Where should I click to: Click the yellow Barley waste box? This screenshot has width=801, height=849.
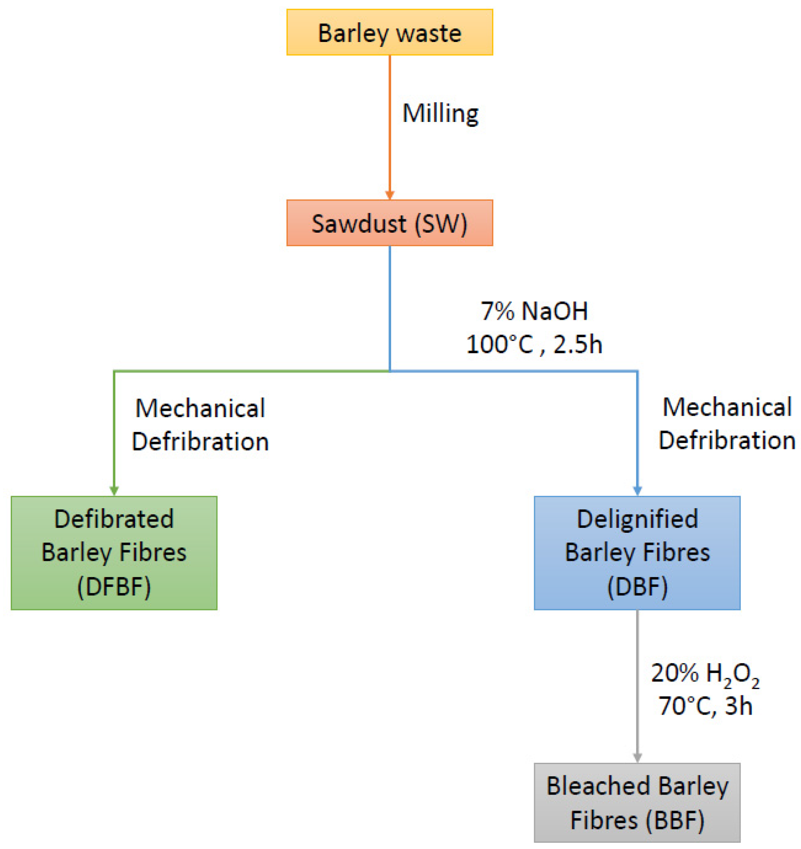(x=389, y=32)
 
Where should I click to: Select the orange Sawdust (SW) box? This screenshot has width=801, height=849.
(x=389, y=223)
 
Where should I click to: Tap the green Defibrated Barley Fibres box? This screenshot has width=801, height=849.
(x=114, y=552)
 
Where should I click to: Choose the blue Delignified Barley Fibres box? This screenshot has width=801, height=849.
(x=637, y=552)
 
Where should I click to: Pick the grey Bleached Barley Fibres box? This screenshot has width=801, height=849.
(x=637, y=803)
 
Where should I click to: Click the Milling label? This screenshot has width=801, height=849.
(x=440, y=113)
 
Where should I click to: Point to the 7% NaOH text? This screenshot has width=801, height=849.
(x=534, y=311)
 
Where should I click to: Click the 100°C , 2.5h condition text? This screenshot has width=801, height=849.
(x=534, y=344)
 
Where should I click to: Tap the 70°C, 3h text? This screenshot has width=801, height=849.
(x=705, y=706)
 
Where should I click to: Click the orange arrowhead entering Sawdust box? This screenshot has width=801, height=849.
(x=389, y=195)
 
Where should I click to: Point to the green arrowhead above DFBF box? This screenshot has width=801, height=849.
(x=114, y=491)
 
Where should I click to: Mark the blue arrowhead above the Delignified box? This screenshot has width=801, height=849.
(x=637, y=491)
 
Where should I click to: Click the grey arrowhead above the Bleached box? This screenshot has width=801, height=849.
(x=637, y=757)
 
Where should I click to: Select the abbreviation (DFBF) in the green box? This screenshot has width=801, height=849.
(x=114, y=586)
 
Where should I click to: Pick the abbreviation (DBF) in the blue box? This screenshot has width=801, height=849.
(x=637, y=586)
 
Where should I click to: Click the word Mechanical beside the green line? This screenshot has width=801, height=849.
(x=200, y=408)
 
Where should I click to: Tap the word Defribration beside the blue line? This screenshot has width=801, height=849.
(x=727, y=440)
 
